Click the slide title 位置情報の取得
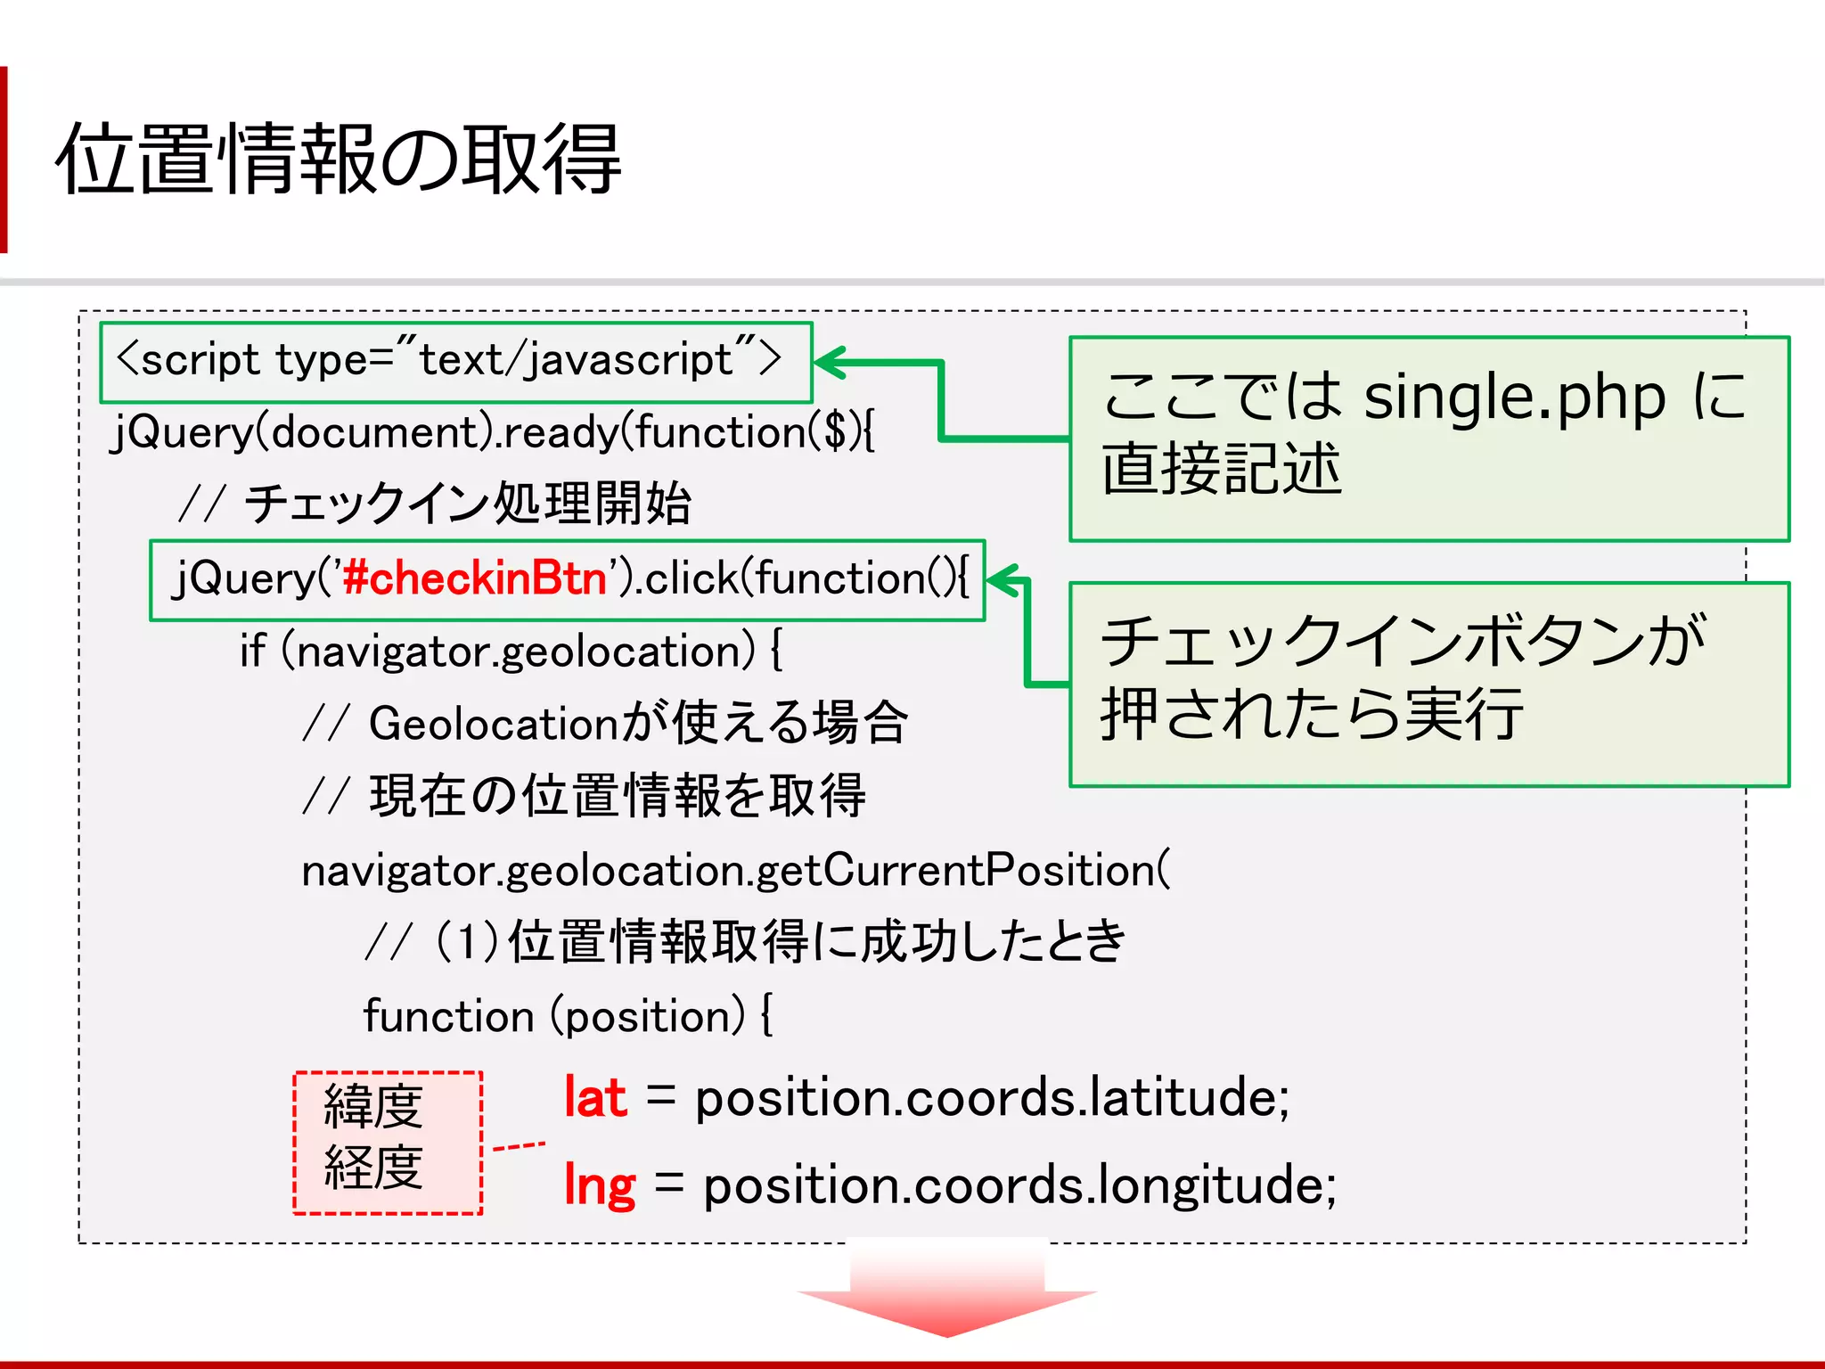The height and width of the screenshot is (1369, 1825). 339,159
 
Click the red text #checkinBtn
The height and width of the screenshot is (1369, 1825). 474,578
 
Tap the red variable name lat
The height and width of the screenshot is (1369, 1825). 595,1097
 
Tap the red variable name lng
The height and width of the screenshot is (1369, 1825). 600,1186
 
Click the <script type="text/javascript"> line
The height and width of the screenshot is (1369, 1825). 449,360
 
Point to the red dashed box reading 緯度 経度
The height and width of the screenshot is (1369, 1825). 388,1142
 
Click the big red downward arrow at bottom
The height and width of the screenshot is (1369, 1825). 947,1291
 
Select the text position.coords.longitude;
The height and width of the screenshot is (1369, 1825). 1019,1186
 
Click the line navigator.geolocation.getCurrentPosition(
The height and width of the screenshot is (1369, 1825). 736,870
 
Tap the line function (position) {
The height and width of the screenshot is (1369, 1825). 568,1016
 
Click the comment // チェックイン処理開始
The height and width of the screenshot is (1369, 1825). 435,504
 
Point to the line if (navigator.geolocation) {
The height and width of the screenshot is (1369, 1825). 511,652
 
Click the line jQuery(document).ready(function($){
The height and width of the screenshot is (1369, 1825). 493,433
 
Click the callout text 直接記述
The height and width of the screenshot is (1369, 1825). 1221,470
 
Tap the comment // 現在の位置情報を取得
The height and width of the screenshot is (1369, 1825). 584,796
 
